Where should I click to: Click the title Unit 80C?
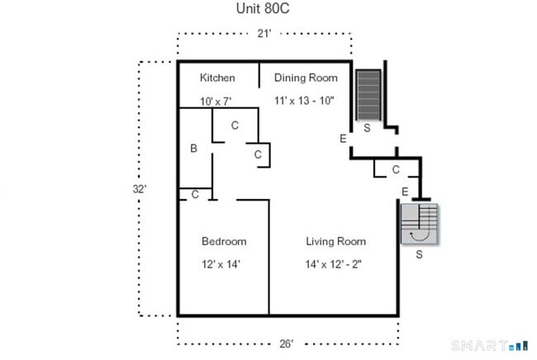[x=264, y=11]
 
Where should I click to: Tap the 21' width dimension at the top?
[x=263, y=34]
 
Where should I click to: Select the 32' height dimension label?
[x=140, y=188]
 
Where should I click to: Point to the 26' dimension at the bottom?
[x=286, y=343]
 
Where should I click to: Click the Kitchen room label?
[x=217, y=78]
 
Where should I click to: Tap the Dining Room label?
[x=306, y=78]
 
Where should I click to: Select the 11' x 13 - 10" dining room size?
[x=307, y=101]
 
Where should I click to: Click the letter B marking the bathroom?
[x=193, y=149]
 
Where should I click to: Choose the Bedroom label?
[x=224, y=241]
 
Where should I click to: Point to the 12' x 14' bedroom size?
[x=224, y=264]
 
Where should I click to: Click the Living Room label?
[x=335, y=241]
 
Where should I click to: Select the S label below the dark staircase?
[x=367, y=129]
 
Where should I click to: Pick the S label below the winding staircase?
[x=419, y=254]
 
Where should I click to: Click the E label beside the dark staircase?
[x=343, y=138]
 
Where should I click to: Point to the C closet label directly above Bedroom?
[x=195, y=195]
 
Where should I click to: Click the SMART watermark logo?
[x=489, y=344]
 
